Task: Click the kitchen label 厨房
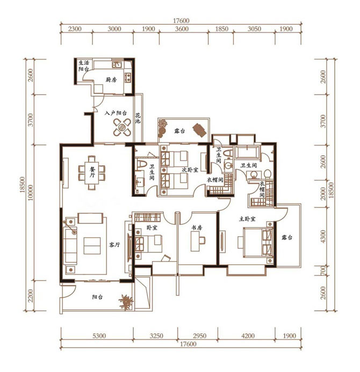111,79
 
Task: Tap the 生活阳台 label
84,66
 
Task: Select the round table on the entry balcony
122,127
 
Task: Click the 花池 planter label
138,119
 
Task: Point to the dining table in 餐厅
92,172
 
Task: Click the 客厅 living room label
114,245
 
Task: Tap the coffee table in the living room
92,246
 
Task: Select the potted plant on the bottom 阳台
126,302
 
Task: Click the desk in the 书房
195,241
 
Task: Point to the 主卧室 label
247,218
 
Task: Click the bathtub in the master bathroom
247,152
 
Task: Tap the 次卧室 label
190,170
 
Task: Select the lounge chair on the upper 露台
199,130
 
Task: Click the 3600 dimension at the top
182,29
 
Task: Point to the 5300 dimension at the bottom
99,335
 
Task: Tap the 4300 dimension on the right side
323,236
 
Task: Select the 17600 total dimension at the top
181,20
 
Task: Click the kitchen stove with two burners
128,77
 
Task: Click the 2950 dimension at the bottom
199,335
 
